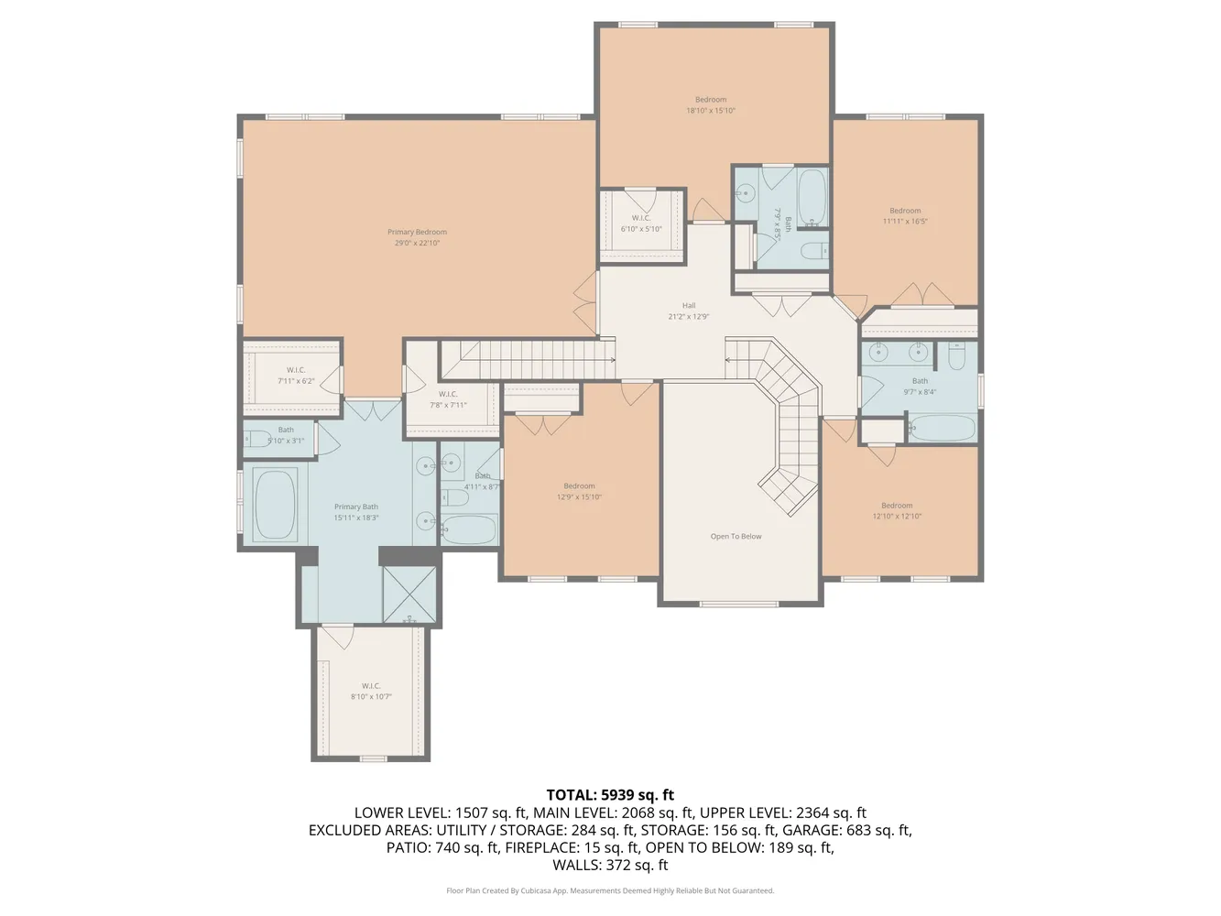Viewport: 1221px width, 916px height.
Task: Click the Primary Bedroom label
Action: click(417, 233)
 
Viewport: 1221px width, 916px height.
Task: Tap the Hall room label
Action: click(689, 306)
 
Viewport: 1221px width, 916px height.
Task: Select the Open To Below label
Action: click(736, 537)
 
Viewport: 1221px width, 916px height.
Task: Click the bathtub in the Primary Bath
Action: click(275, 506)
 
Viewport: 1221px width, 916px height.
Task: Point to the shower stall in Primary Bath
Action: click(409, 594)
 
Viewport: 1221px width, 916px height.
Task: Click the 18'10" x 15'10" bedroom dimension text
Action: click(711, 111)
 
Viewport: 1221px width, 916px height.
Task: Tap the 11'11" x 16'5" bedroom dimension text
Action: click(905, 222)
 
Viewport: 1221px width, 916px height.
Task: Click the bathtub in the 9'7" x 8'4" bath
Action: click(941, 427)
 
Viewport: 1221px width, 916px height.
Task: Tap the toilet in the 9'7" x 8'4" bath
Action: click(956, 355)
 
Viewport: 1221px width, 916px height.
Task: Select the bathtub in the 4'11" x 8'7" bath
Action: click(469, 529)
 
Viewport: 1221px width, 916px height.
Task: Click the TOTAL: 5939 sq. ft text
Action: click(610, 795)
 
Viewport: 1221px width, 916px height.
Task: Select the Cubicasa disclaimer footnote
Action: click(610, 890)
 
